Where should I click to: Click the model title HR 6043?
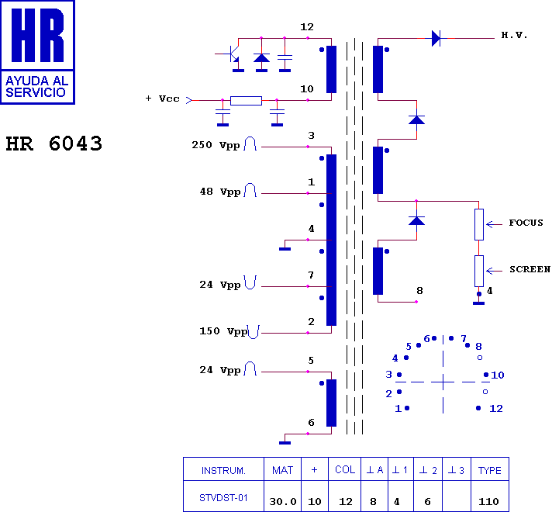coord(54,144)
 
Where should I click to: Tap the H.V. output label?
coord(514,36)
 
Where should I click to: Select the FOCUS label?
coord(526,223)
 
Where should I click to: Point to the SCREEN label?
coord(530,270)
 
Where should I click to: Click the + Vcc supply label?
coord(162,99)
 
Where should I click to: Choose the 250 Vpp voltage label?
coord(216,145)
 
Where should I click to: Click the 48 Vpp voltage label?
coord(220,192)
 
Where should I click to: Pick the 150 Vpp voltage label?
coord(223,331)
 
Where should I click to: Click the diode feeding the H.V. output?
coord(436,37)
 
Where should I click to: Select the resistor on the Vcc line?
coord(247,100)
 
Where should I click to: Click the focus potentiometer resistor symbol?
coord(479,223)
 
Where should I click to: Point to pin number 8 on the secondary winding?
coord(419,291)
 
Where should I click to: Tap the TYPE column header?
coord(489,471)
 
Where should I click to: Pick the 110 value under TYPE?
coord(489,501)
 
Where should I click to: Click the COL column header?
coord(345,471)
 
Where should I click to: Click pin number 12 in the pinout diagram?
coord(496,408)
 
